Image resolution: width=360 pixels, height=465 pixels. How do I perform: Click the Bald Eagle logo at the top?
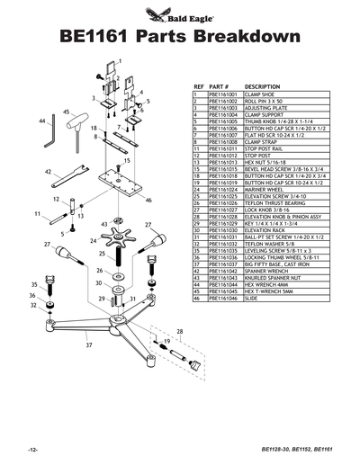click(x=179, y=13)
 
